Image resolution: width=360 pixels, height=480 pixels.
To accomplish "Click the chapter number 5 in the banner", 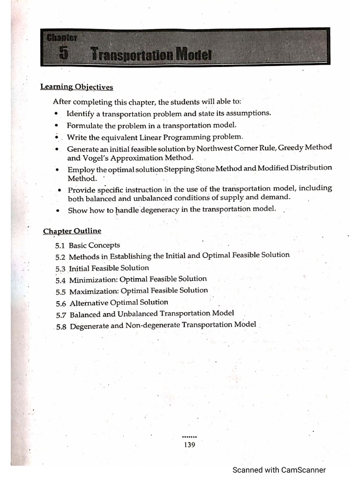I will coord(64,54).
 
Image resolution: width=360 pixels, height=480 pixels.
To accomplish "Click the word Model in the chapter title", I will coord(194,55).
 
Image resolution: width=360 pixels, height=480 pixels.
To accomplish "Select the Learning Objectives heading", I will coord(76,87).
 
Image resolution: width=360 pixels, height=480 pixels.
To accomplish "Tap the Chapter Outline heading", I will coord(72,231).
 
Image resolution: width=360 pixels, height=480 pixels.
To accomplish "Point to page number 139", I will coord(189,445).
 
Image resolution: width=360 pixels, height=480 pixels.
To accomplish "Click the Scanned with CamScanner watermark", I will coord(279,470).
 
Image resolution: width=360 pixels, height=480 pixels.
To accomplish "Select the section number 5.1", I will coord(60,245).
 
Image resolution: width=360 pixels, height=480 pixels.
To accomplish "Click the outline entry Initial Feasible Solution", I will coord(109,268).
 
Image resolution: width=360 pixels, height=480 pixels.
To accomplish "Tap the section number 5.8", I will coord(61,327).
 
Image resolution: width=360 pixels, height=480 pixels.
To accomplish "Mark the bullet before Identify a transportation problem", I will coord(57,114).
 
